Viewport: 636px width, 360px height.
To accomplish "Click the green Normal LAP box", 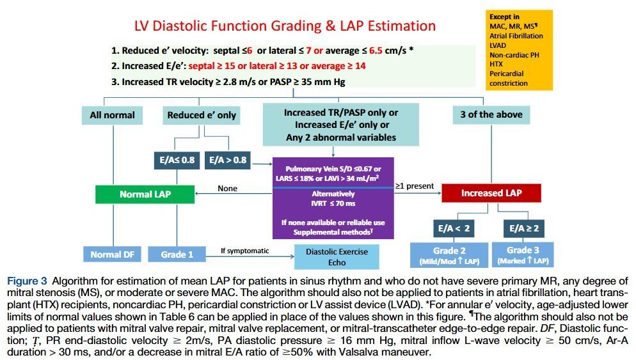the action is coord(145,194).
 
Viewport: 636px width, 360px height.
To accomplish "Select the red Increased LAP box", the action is coord(491,193).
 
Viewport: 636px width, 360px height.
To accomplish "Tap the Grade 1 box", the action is coord(177,254).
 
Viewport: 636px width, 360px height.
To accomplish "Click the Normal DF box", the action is coord(113,254).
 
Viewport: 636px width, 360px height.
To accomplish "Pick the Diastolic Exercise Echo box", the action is coord(337,257).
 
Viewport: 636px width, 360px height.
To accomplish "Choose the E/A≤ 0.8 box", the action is coord(177,160).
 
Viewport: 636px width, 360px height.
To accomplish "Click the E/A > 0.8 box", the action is coord(228,160).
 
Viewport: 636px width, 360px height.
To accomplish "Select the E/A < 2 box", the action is coord(454,229).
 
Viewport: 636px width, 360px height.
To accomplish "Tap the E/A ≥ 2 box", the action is coord(524,229).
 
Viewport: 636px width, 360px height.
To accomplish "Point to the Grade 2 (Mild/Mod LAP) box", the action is coord(449,255).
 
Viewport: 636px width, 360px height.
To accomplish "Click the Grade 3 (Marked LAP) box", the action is coord(523,255).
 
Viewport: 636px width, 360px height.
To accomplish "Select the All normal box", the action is coord(113,115).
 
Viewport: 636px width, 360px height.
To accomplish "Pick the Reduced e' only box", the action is coord(202,115).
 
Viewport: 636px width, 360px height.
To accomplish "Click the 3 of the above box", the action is coord(491,114).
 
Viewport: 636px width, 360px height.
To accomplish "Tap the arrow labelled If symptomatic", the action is coord(250,256).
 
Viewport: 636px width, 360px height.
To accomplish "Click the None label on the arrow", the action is coord(228,189).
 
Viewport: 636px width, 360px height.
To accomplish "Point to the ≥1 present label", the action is coord(415,186).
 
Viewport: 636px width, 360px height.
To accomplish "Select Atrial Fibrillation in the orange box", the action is coord(516,36).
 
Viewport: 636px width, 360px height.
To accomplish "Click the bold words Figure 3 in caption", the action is coord(27,281).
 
